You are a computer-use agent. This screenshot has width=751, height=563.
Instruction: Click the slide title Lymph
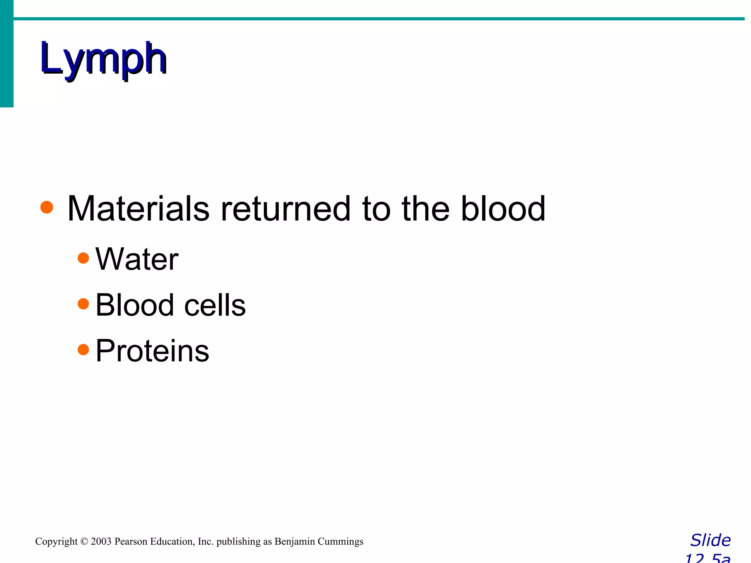click(x=104, y=59)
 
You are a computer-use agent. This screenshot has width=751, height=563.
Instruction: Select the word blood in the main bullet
click(x=503, y=209)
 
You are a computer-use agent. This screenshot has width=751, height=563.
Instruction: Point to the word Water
click(x=137, y=259)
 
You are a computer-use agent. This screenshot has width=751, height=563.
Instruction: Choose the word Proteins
click(x=152, y=351)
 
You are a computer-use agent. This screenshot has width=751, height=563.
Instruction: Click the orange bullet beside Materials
click(x=47, y=207)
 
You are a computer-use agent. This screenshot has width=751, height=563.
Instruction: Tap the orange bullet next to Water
click(x=84, y=258)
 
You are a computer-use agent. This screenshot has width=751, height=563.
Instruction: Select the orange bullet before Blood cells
click(x=84, y=304)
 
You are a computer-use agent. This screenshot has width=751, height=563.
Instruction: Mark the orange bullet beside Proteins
click(x=84, y=350)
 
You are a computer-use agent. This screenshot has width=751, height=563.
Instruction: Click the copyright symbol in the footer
click(x=84, y=541)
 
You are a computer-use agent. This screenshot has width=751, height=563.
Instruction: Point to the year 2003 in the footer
click(x=101, y=541)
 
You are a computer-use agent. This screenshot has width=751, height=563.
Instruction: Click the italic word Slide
click(x=710, y=540)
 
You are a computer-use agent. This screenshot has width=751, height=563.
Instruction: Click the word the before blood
click(x=426, y=209)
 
